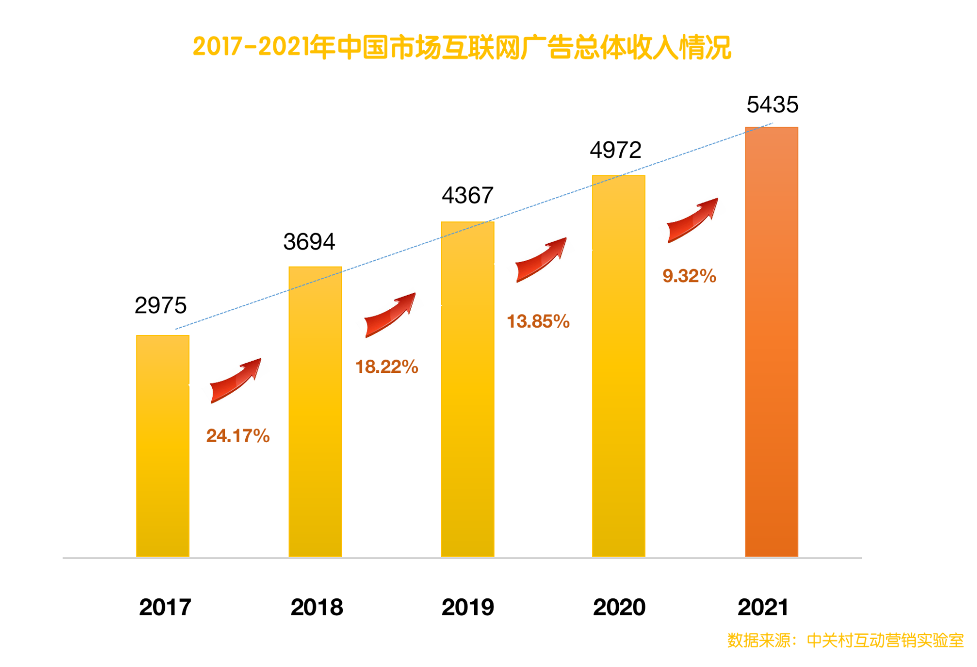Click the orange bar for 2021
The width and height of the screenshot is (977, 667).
[x=771, y=342]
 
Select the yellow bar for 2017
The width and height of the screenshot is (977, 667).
[x=162, y=446]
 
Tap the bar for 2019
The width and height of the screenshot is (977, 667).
[x=467, y=389]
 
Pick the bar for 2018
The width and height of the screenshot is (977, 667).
[x=315, y=412]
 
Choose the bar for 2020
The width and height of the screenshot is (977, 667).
[x=618, y=366]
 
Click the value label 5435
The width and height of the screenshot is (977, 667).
[x=772, y=105]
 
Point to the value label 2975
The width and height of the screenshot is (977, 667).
[x=160, y=305]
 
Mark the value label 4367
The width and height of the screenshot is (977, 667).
[x=467, y=195]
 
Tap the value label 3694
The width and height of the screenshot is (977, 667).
[x=309, y=242]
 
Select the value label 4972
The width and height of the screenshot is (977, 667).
[x=615, y=150]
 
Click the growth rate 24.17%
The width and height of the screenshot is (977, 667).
[x=238, y=436]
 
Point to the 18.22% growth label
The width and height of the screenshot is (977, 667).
[x=386, y=367]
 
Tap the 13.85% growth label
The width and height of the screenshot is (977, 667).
[x=538, y=322]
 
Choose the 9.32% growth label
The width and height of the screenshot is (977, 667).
[x=689, y=276]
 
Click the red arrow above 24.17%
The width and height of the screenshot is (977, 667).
[x=235, y=381]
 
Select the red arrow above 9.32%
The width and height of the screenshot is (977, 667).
[x=692, y=220]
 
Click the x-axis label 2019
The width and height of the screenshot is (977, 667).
[x=467, y=607]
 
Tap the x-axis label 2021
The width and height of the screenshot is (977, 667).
[x=762, y=607]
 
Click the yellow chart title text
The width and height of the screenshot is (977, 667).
[x=462, y=47]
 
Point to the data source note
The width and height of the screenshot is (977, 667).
[x=845, y=640]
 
